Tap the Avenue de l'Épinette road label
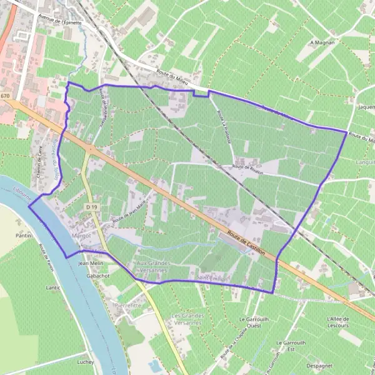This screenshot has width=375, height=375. coord(60,20)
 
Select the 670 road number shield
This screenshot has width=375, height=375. coord(6,96)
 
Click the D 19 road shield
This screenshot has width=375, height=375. coord(92,207)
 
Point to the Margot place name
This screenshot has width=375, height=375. coord(82,236)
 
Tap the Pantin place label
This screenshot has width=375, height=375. coord(24,236)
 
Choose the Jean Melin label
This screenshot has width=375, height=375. coord(90,264)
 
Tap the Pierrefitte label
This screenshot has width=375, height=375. coord(128,304)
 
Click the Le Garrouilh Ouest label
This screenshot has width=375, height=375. coord(254,322)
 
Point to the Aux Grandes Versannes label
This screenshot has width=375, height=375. coord(153,267)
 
